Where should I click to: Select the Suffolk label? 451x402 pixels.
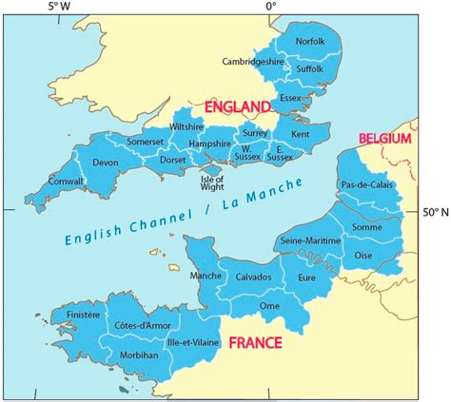311,69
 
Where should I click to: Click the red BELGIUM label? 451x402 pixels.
384,140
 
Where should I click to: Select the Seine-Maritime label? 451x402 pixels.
310,241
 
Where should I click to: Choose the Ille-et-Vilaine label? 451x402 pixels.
192,339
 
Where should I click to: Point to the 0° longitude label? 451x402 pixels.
270,7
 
